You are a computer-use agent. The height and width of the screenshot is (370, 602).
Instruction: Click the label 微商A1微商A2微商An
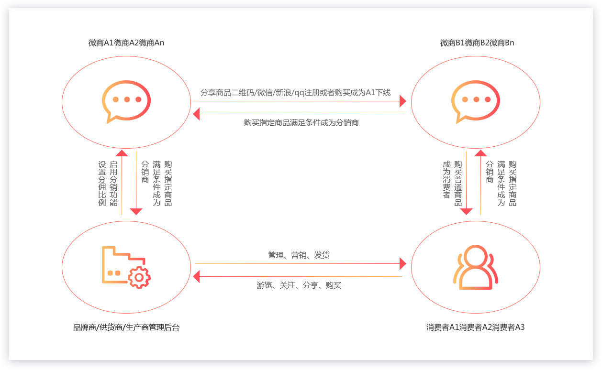point(126,43)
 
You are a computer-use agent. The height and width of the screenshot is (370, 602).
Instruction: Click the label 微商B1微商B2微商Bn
point(477,43)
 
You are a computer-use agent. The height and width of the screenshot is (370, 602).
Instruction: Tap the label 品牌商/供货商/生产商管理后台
point(126,327)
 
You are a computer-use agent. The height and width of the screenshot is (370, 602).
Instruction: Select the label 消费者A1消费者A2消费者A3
point(475,327)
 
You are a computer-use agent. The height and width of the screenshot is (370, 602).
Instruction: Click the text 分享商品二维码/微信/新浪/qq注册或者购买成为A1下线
point(295,93)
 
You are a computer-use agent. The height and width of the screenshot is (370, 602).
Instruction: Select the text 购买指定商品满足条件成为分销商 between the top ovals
point(301,123)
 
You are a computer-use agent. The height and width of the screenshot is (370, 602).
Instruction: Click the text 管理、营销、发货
point(299,255)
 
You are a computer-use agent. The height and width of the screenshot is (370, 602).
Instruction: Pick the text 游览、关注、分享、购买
point(299,285)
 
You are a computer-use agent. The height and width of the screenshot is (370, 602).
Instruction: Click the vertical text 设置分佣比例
point(102,184)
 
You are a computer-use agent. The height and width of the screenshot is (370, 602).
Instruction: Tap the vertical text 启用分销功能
point(113,184)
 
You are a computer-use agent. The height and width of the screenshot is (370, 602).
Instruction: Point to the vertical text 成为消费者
point(446,180)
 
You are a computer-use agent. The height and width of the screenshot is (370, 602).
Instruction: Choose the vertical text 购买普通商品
point(458,184)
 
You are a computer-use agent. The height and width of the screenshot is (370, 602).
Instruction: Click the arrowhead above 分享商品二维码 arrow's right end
point(403,101)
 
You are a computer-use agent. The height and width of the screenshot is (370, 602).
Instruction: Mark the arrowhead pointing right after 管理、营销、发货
point(403,263)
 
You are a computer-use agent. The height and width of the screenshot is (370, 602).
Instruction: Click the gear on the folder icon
point(139,277)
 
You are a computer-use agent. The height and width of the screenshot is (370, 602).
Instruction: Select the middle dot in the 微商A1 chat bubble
point(127,99)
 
